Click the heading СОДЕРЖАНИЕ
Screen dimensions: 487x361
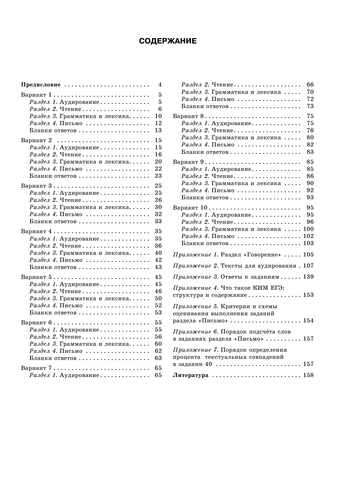(x=168, y=41)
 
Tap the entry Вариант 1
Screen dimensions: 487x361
(x=36, y=95)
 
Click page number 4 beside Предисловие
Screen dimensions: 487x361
(x=160, y=85)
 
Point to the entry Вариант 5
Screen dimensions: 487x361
(x=36, y=277)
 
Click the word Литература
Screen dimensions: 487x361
(x=190, y=375)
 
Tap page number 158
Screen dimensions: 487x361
(x=308, y=375)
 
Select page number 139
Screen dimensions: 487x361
(x=308, y=277)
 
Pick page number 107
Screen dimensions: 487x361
(x=308, y=266)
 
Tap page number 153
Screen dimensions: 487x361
(x=308, y=295)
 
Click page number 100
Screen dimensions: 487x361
(x=308, y=229)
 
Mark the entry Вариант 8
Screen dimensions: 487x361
(x=188, y=116)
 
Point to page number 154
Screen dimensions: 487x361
(x=308, y=321)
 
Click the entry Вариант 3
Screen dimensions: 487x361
(x=36, y=186)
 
